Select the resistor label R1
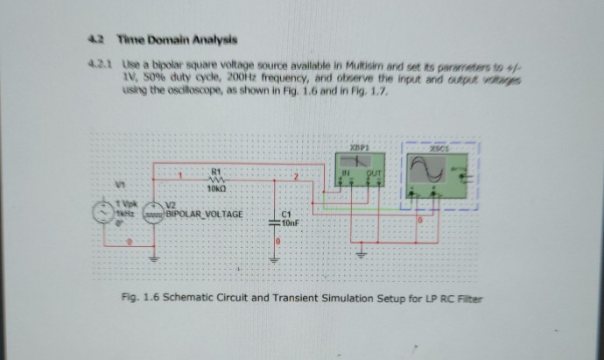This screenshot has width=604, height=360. [214, 171]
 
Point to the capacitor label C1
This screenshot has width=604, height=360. [285, 214]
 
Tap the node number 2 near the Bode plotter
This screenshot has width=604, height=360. [296, 177]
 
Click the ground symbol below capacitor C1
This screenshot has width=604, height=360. [273, 259]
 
